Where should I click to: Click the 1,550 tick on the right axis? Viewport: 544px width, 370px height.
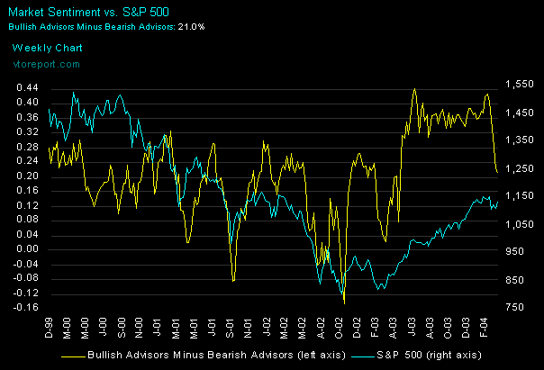coord(520,84)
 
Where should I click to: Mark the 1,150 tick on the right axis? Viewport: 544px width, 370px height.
coord(520,196)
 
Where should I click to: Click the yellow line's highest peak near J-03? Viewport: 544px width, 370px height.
coord(414,89)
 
